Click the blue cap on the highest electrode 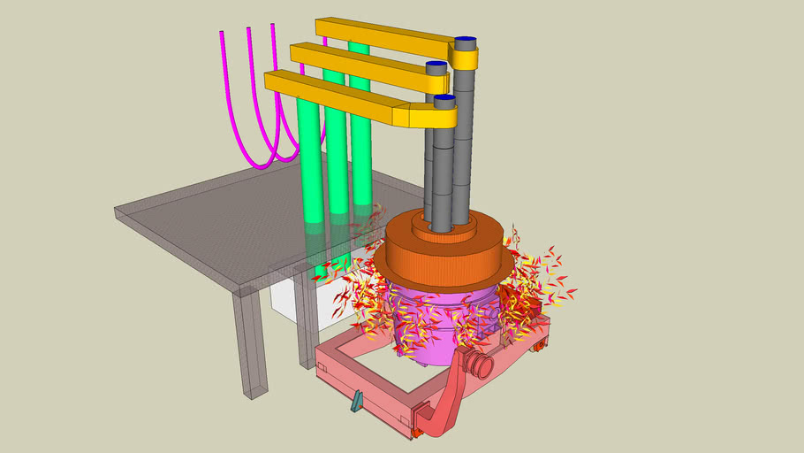pyautogui.click(x=466, y=42)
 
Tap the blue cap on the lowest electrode pyautogui.click(x=444, y=100)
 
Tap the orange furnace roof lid pyautogui.click(x=442, y=257)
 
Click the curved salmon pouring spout pyautogui.click(x=447, y=398)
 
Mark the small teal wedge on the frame pyautogui.click(x=356, y=402)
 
